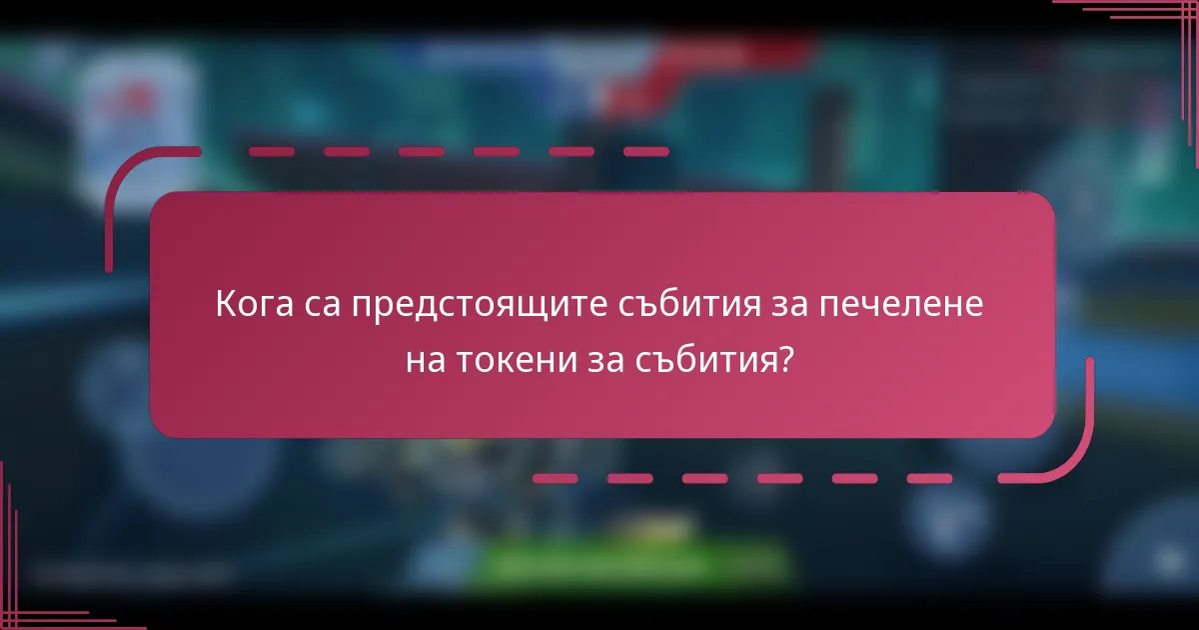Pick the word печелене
[x=901, y=304]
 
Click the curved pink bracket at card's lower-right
[x=1074, y=450]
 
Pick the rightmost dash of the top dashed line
[x=645, y=152]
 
